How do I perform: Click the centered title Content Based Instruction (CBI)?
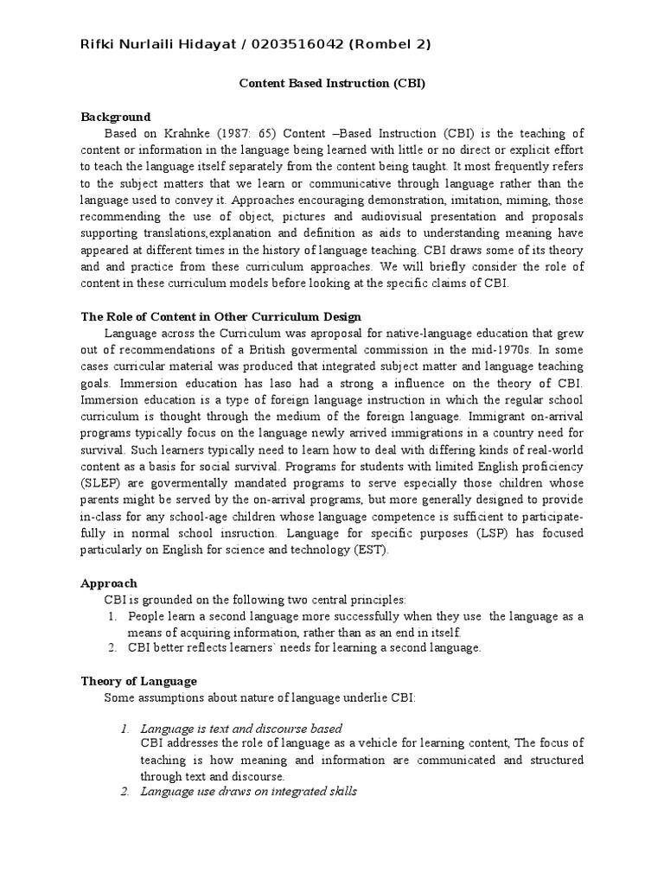332,85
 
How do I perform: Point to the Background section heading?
115,117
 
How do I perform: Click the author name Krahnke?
207,133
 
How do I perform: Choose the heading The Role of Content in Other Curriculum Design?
220,317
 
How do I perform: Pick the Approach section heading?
109,583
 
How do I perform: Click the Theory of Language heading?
138,681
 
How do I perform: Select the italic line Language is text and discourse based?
241,729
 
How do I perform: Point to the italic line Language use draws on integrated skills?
249,792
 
